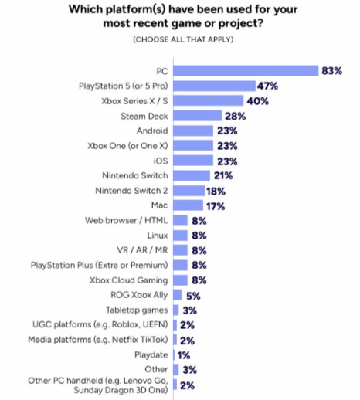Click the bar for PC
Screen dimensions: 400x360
pyautogui.click(x=246, y=70)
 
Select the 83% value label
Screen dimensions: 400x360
pyautogui.click(x=332, y=70)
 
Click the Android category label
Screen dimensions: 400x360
pyautogui.click(x=153, y=131)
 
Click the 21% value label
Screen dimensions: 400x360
pyautogui.click(x=224, y=175)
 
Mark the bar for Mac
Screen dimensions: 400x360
pyautogui.click(x=188, y=205)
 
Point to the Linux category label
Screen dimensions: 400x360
pyautogui.click(x=158, y=235)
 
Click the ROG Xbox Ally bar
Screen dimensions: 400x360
pyautogui.click(x=178, y=294)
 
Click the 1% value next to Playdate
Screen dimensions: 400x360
pyautogui.click(x=185, y=354)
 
